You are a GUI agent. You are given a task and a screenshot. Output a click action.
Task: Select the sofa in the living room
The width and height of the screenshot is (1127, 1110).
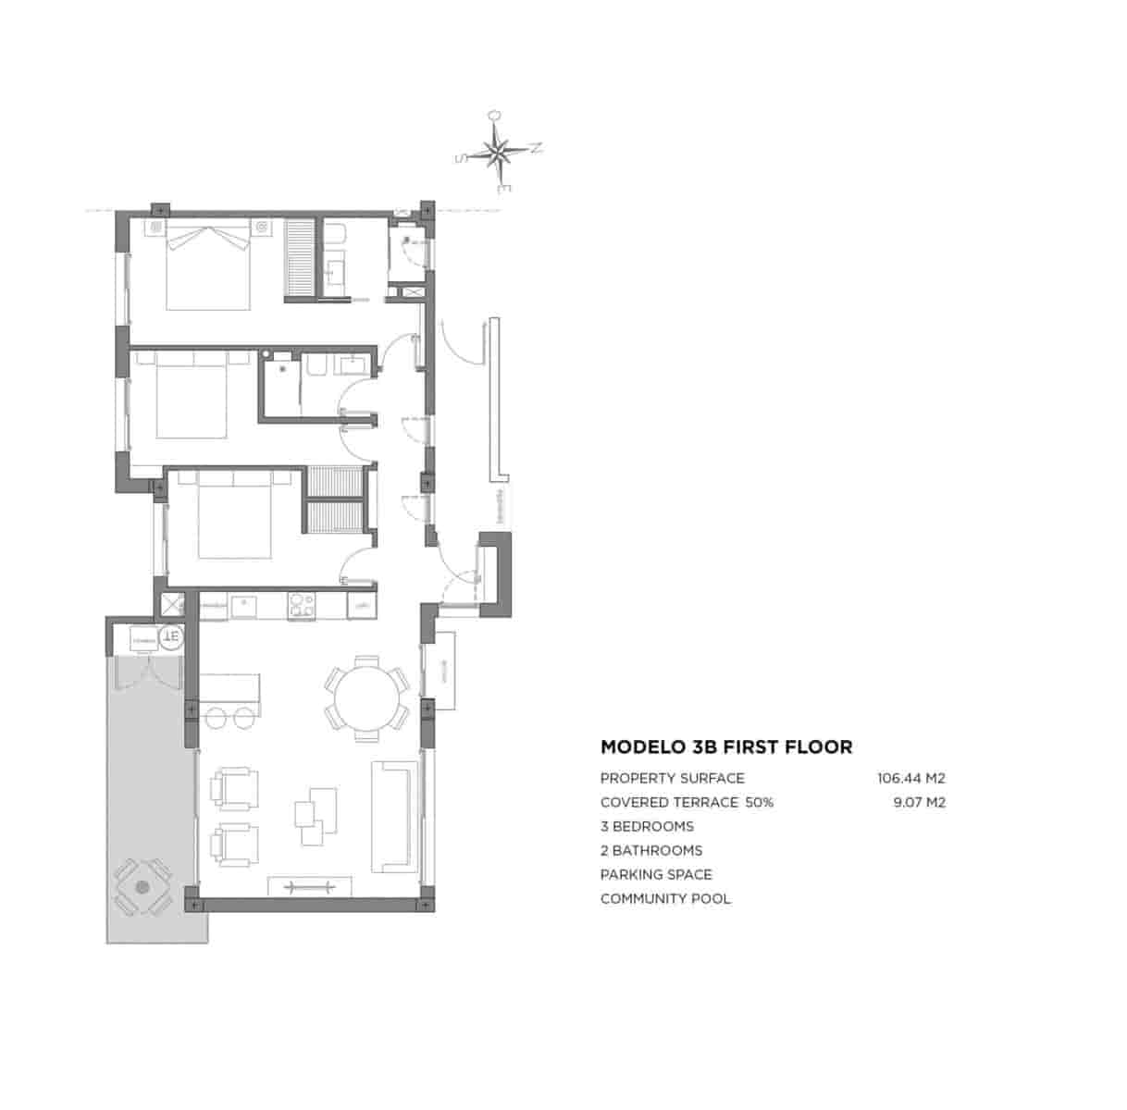(x=395, y=816)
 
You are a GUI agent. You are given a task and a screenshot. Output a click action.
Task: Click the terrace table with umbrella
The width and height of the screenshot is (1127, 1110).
(x=142, y=887)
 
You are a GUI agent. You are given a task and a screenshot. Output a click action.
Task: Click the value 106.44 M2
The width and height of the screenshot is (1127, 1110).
(x=910, y=778)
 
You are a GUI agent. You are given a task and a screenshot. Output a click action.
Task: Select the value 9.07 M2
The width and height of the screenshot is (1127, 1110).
(x=919, y=802)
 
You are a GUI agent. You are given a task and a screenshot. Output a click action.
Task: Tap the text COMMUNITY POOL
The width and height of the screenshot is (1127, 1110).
(x=665, y=898)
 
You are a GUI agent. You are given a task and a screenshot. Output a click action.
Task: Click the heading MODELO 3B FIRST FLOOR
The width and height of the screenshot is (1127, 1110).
(x=726, y=746)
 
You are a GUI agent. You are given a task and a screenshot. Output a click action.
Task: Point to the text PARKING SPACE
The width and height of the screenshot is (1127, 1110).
(x=656, y=874)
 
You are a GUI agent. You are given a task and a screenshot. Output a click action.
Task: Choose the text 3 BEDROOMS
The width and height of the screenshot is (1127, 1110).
(x=647, y=826)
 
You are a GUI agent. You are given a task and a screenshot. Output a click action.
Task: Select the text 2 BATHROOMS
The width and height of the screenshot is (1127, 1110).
(x=651, y=850)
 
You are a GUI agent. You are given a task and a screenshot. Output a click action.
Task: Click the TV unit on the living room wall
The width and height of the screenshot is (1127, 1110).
(x=309, y=886)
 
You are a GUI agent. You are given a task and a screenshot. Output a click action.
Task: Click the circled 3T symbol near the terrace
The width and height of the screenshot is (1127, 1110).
(x=170, y=636)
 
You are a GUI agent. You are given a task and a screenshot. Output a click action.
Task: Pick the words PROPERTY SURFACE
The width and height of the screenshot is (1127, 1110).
(x=672, y=778)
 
